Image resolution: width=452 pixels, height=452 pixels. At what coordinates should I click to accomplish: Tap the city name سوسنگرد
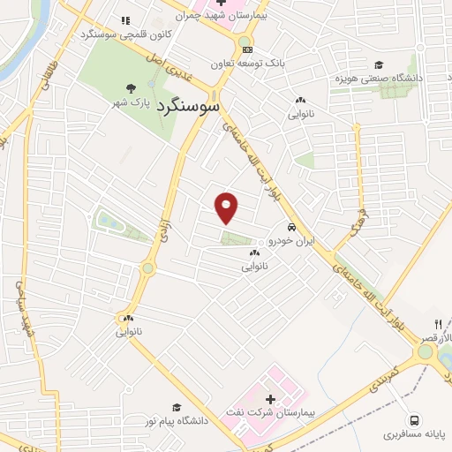187,104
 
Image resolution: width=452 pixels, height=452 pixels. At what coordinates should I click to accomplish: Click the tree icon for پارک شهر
131,88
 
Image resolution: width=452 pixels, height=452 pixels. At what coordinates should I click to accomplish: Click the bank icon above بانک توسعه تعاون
248,49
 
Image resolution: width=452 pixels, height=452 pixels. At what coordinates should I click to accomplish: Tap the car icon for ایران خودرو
279,227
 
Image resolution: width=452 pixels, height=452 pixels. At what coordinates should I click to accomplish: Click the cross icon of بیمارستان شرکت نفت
270,400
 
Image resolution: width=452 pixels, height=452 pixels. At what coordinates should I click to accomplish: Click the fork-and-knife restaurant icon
438,324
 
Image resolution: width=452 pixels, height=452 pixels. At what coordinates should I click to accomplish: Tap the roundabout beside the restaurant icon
426,351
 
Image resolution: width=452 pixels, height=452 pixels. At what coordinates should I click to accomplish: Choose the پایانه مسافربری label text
415,434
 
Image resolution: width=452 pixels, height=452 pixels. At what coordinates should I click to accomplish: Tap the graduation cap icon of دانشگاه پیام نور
177,408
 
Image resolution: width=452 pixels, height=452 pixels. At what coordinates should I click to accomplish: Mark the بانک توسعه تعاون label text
244,64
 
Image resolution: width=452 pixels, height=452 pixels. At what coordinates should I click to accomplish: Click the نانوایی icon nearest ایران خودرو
255,253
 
